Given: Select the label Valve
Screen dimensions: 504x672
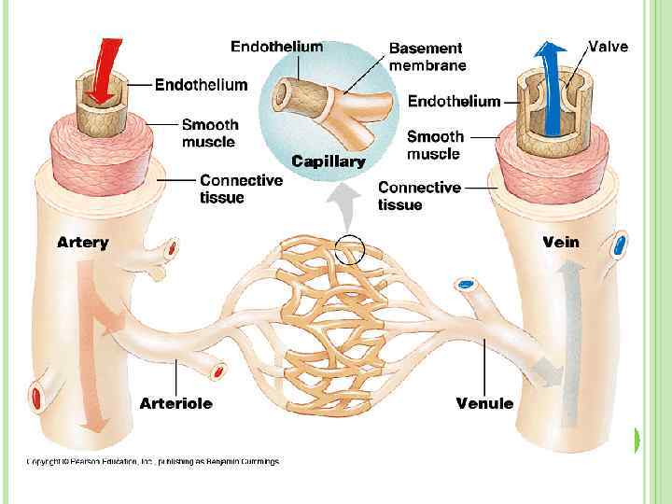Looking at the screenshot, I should (609, 46).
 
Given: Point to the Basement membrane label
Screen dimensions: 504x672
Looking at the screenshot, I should (427, 56).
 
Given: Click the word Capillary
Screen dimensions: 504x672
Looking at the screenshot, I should (327, 161).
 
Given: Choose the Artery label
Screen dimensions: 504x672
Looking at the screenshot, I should (82, 243).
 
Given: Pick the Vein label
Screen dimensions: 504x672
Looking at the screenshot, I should (561, 243).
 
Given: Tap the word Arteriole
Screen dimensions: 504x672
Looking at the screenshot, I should (175, 404).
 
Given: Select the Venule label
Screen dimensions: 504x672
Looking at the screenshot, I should (484, 404).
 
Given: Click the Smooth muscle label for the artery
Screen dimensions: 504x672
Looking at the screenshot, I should (210, 133).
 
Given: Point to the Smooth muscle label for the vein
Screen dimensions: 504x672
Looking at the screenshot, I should (434, 145).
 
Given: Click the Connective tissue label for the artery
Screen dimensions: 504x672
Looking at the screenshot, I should (241, 189).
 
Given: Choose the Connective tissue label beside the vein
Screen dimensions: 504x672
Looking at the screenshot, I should (419, 195).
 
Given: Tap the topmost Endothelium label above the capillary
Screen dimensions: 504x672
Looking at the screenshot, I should (277, 46).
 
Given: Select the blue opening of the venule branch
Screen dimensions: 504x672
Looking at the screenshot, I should (466, 283).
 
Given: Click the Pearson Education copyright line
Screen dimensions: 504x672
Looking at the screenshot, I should (151, 461).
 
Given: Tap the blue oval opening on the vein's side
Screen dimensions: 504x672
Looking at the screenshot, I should (620, 246).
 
